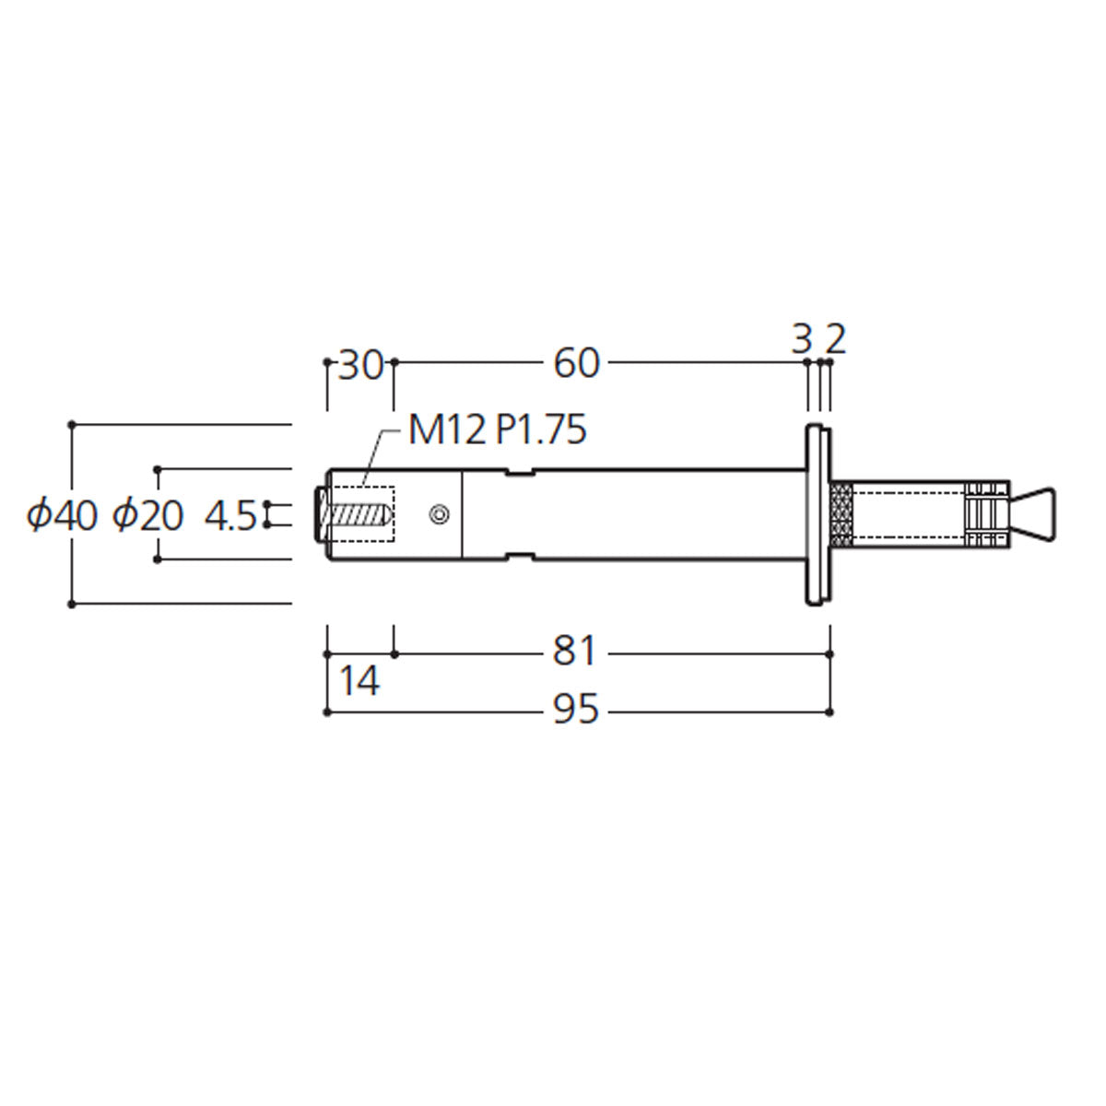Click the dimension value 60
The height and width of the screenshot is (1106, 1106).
pos(576,363)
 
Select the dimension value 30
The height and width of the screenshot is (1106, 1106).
pos(360,365)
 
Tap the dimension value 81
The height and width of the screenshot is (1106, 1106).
pos(574,652)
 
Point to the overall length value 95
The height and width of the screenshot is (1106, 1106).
pos(576,709)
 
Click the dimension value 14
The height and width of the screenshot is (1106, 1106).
pos(359,681)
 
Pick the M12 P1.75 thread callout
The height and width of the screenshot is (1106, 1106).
pos(497,429)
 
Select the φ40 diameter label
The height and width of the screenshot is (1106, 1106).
pos(62,515)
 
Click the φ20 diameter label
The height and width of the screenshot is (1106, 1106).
pos(147,515)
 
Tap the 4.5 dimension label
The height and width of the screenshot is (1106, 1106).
pos(230,516)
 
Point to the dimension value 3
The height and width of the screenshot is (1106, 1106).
pos(802,340)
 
